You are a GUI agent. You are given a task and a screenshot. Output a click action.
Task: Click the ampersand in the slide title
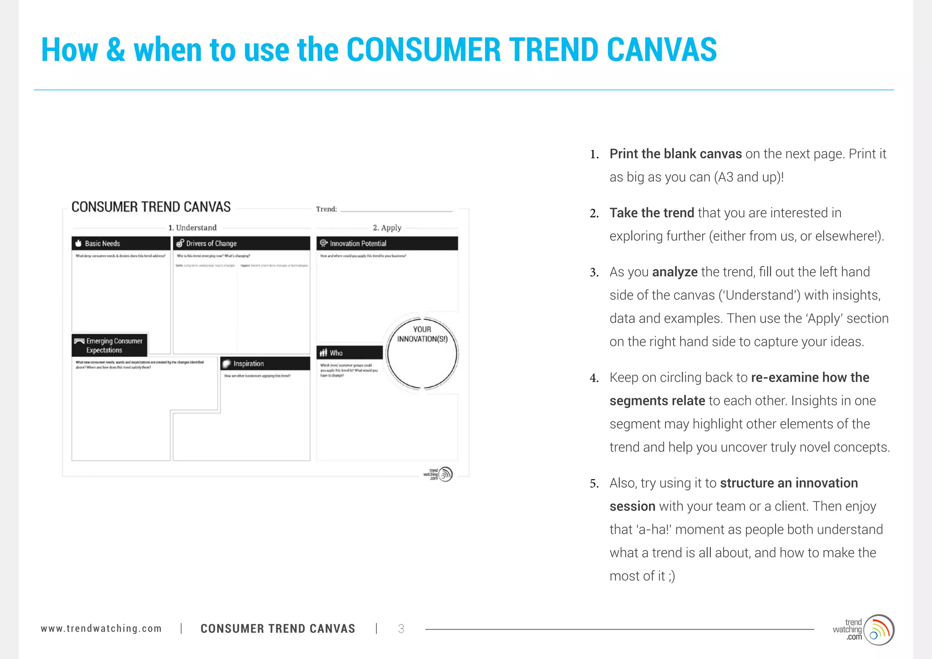click(x=116, y=50)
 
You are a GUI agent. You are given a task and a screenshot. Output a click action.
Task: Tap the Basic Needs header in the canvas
click(x=121, y=243)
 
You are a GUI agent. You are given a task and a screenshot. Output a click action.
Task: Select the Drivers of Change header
click(x=241, y=243)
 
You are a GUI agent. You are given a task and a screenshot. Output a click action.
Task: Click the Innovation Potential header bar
click(x=387, y=243)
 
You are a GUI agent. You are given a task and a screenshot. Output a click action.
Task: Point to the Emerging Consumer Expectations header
click(x=109, y=345)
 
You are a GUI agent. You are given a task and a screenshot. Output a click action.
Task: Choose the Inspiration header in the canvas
click(x=265, y=364)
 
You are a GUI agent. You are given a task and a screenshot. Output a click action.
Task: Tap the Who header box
click(x=349, y=353)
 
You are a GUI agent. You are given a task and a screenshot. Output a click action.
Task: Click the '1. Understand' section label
click(x=192, y=228)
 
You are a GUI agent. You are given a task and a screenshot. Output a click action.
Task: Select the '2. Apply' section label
click(x=387, y=228)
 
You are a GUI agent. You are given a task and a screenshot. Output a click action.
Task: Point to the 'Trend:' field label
click(x=326, y=209)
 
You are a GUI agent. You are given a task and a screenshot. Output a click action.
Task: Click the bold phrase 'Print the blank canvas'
click(x=675, y=154)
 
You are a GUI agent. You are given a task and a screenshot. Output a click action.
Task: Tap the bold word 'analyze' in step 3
click(x=674, y=272)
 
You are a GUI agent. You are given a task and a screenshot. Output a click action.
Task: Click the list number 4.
click(x=593, y=378)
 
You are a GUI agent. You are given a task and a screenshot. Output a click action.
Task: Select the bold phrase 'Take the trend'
click(x=651, y=213)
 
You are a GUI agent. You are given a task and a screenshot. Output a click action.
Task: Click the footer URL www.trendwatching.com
click(x=101, y=629)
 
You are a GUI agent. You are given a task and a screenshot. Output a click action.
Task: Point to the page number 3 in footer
click(x=401, y=629)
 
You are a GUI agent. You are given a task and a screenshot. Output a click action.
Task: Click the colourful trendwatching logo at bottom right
click(x=878, y=630)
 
